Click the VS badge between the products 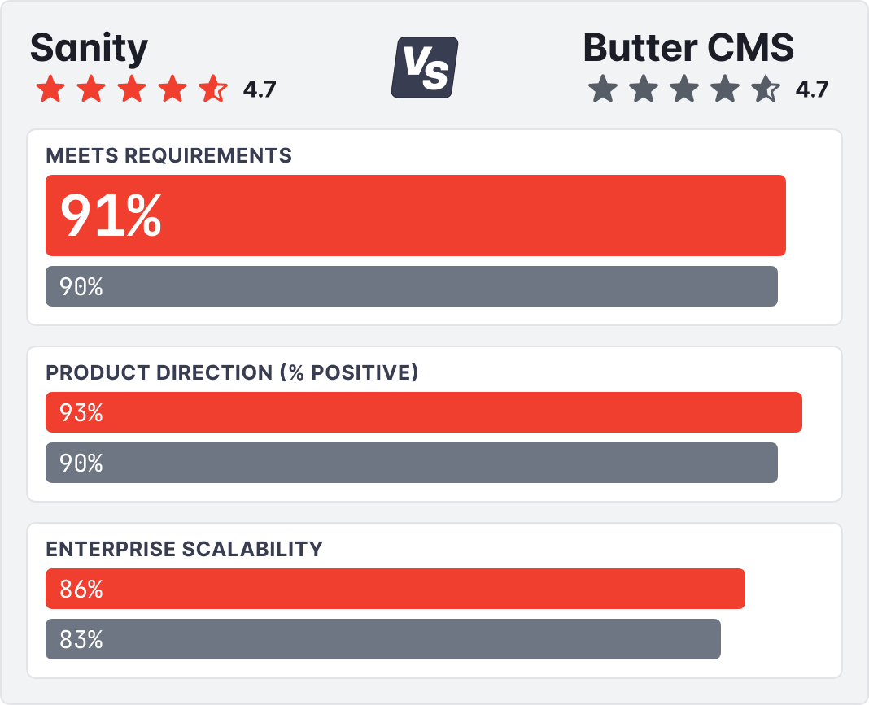pyautogui.click(x=424, y=67)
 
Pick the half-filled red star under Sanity pyautogui.click(x=213, y=89)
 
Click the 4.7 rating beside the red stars pyautogui.click(x=260, y=89)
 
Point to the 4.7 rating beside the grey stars pyautogui.click(x=811, y=89)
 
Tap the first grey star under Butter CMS pyautogui.click(x=603, y=89)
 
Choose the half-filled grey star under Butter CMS pyautogui.click(x=766, y=89)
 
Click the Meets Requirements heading pyautogui.click(x=168, y=155)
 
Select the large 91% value pyautogui.click(x=111, y=215)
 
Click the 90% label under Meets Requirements pyautogui.click(x=81, y=286)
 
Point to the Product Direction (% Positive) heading pyautogui.click(x=232, y=372)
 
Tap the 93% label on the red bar pyautogui.click(x=81, y=413)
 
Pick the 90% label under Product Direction pyautogui.click(x=81, y=463)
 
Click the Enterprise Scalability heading pyautogui.click(x=184, y=549)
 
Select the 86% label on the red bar pyautogui.click(x=81, y=590)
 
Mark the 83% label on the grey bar pyautogui.click(x=81, y=640)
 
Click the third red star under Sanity pyautogui.click(x=132, y=89)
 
